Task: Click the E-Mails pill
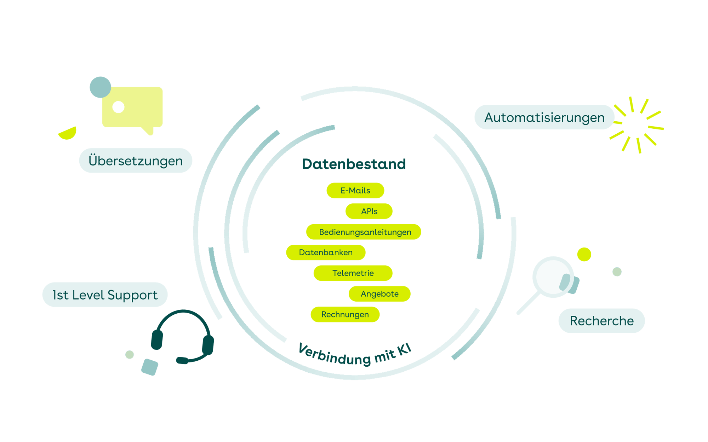pyautogui.click(x=355, y=191)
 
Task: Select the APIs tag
pyautogui.click(x=369, y=211)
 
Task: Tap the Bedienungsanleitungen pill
pyautogui.click(x=364, y=232)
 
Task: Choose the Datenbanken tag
pyautogui.click(x=326, y=252)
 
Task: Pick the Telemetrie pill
pyautogui.click(x=353, y=273)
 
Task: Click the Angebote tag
pyautogui.click(x=379, y=294)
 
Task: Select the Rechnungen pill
pyautogui.click(x=345, y=314)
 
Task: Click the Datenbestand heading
pyautogui.click(x=354, y=164)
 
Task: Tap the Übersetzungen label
pyautogui.click(x=136, y=161)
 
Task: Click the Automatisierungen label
pyautogui.click(x=544, y=117)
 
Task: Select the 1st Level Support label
pyautogui.click(x=105, y=295)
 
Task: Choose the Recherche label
pyautogui.click(x=602, y=321)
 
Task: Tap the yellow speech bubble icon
pyautogui.click(x=132, y=108)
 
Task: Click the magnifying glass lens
pyautogui.click(x=553, y=277)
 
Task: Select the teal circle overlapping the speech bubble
pyautogui.click(x=101, y=87)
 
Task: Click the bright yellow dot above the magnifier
pyautogui.click(x=584, y=254)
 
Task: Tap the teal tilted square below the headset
pyautogui.click(x=150, y=367)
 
